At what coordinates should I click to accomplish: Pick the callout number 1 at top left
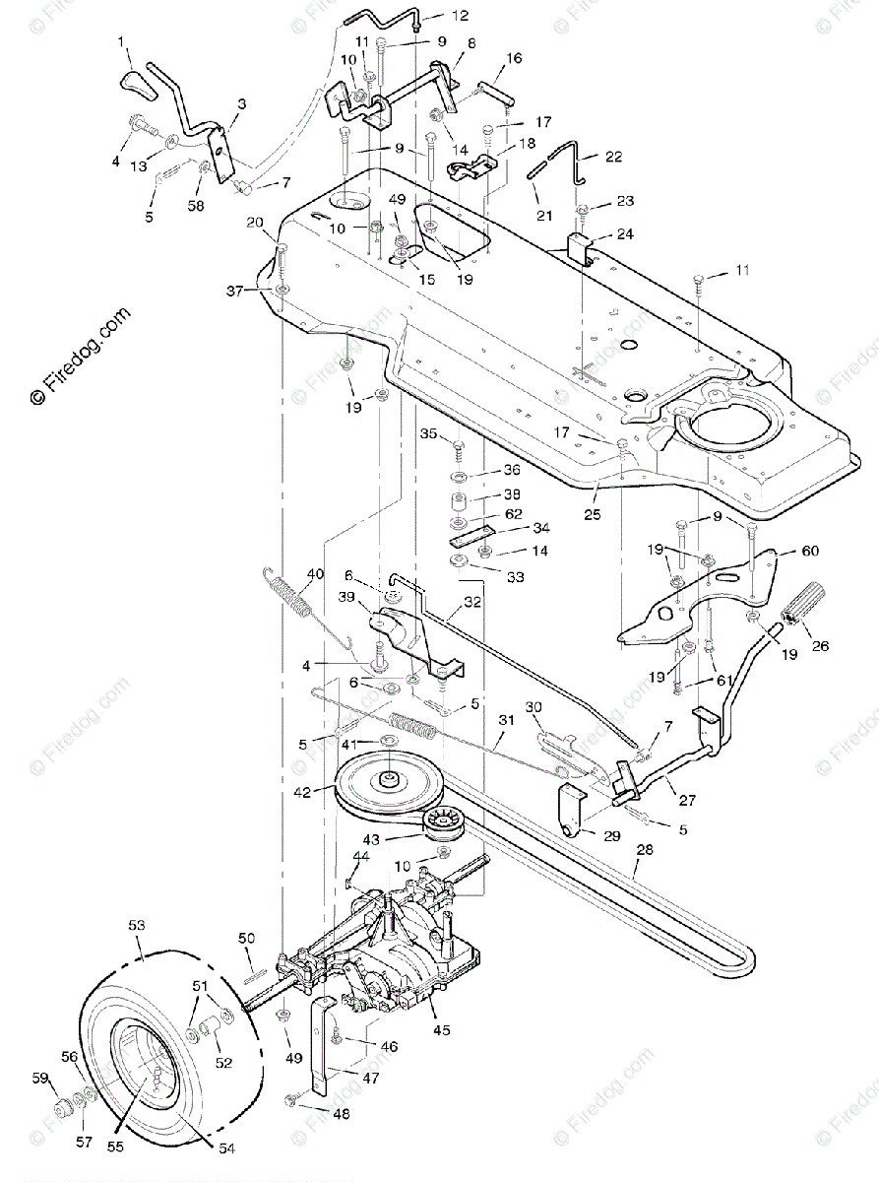pyautogui.click(x=122, y=41)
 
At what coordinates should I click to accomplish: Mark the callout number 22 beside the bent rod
pyautogui.click(x=613, y=157)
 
